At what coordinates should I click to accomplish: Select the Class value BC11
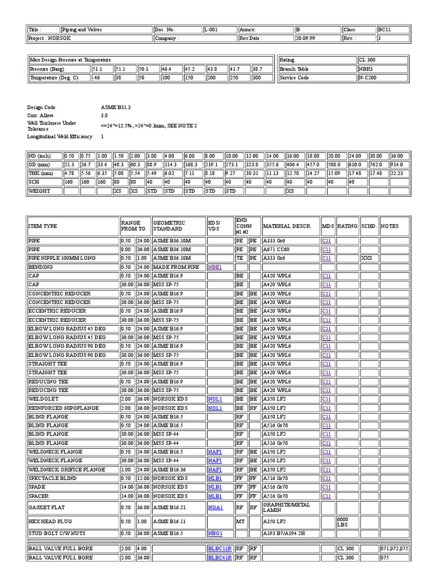(x=384, y=30)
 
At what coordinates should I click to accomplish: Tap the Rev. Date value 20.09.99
(x=305, y=39)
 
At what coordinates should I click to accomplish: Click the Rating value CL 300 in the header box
(x=367, y=60)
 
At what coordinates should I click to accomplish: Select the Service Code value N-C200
(x=367, y=78)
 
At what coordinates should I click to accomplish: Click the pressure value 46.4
(x=168, y=69)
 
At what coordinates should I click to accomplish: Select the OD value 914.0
(x=396, y=165)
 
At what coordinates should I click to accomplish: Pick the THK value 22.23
(x=396, y=173)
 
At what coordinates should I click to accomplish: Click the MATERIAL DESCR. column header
(x=287, y=226)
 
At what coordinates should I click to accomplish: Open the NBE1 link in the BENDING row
(x=214, y=267)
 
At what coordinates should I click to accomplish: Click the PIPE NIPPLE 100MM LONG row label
(x=62, y=258)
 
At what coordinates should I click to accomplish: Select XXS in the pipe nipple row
(x=366, y=258)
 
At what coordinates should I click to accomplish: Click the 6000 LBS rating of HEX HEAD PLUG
(x=344, y=521)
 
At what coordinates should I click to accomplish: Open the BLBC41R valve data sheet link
(x=219, y=558)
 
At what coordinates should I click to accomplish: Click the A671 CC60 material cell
(x=276, y=249)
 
